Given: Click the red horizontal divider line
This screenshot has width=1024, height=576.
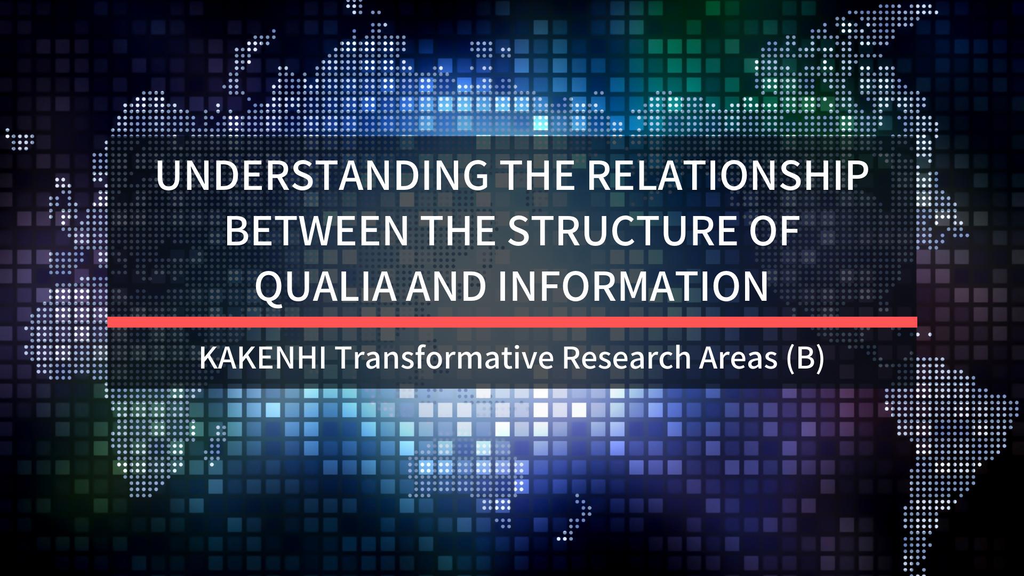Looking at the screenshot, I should pos(512,322).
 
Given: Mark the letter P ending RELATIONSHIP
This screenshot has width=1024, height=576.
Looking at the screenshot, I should pos(855,176).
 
